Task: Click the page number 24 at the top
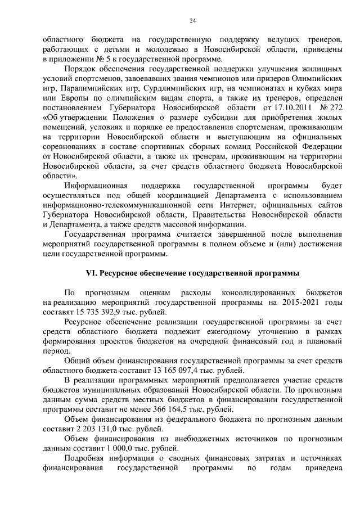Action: point(192,21)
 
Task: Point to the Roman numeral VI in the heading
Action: point(91,273)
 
